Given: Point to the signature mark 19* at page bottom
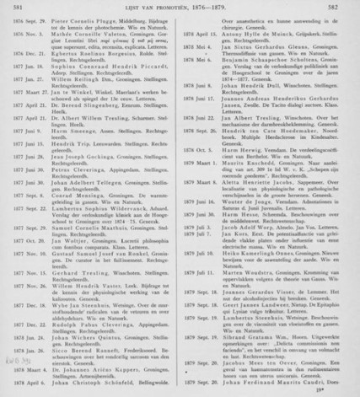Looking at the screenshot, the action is (338, 390).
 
